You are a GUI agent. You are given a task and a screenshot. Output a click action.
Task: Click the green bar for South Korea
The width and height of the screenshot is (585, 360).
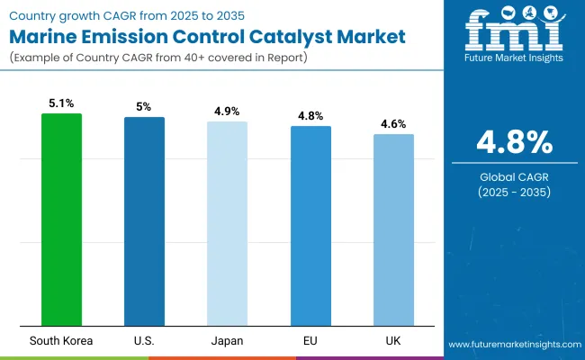pos(61,220)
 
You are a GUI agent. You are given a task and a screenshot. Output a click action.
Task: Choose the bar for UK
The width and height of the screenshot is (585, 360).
pos(393,229)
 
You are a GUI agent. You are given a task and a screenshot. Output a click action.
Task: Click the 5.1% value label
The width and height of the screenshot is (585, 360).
pos(61,103)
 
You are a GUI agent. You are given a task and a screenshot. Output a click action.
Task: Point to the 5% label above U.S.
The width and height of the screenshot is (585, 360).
pos(144,107)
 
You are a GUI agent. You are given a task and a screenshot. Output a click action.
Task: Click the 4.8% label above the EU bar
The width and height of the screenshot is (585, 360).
pos(310,116)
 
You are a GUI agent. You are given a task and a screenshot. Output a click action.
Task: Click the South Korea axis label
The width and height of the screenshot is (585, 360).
pos(61,340)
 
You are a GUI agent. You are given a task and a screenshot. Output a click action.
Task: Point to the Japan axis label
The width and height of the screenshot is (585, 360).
pos(227,340)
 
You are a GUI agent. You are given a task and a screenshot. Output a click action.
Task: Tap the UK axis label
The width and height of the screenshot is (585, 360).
pos(393,340)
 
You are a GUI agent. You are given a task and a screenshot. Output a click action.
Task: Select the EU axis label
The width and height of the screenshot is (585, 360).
pos(310,340)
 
